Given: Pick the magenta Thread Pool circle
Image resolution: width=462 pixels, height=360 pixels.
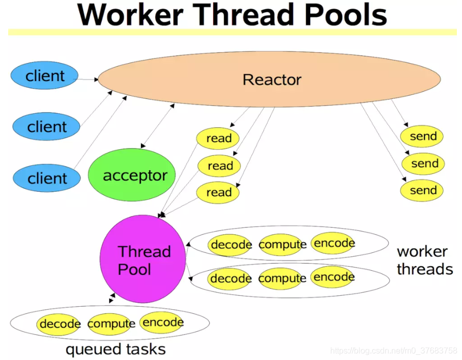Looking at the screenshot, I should point(142,259).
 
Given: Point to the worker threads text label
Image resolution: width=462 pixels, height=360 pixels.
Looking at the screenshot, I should point(424,260).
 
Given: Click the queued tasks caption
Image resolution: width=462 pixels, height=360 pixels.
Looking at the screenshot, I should point(115,349).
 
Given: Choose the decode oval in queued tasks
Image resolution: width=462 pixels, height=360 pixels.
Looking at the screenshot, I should point(59,324).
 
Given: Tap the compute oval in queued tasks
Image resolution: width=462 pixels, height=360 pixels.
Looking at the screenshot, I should point(111,324).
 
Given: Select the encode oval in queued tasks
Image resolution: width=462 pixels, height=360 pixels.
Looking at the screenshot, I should point(162,322).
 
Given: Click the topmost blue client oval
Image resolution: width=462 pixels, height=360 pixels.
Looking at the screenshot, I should point(45,76).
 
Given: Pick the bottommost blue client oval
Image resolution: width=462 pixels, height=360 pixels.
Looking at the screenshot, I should point(47,178).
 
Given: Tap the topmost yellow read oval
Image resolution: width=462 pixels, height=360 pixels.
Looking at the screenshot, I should point(218,138).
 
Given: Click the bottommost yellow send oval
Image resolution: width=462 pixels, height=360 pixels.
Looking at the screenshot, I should point(423,190).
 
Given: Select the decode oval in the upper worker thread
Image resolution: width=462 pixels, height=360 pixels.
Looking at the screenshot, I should point(231,245).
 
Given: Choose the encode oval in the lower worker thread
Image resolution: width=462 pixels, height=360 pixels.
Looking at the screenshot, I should point(333,277).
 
